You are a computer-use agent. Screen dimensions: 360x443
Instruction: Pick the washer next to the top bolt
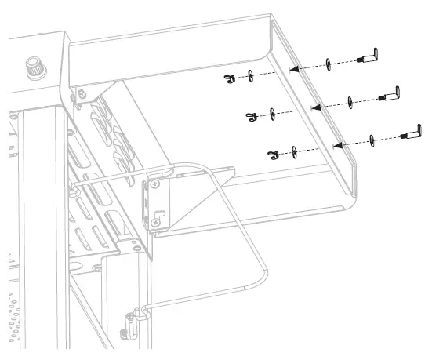tap(328, 64)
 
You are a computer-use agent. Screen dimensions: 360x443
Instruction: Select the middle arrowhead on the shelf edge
tap(314, 105)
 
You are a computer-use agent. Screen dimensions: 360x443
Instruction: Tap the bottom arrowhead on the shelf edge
tap(336, 144)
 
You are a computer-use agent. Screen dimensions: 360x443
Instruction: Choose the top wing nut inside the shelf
tap(230, 78)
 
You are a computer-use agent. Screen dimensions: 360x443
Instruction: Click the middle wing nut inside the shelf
tap(252, 116)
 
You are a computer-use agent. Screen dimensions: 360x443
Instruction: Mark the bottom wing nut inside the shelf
tap(273, 153)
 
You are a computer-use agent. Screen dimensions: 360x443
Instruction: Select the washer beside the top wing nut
tap(249, 75)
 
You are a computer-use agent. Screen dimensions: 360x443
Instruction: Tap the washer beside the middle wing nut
tap(271, 113)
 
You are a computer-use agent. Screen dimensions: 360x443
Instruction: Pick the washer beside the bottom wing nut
tap(292, 150)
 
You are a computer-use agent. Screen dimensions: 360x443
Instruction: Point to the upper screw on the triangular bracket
tap(154, 185)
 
